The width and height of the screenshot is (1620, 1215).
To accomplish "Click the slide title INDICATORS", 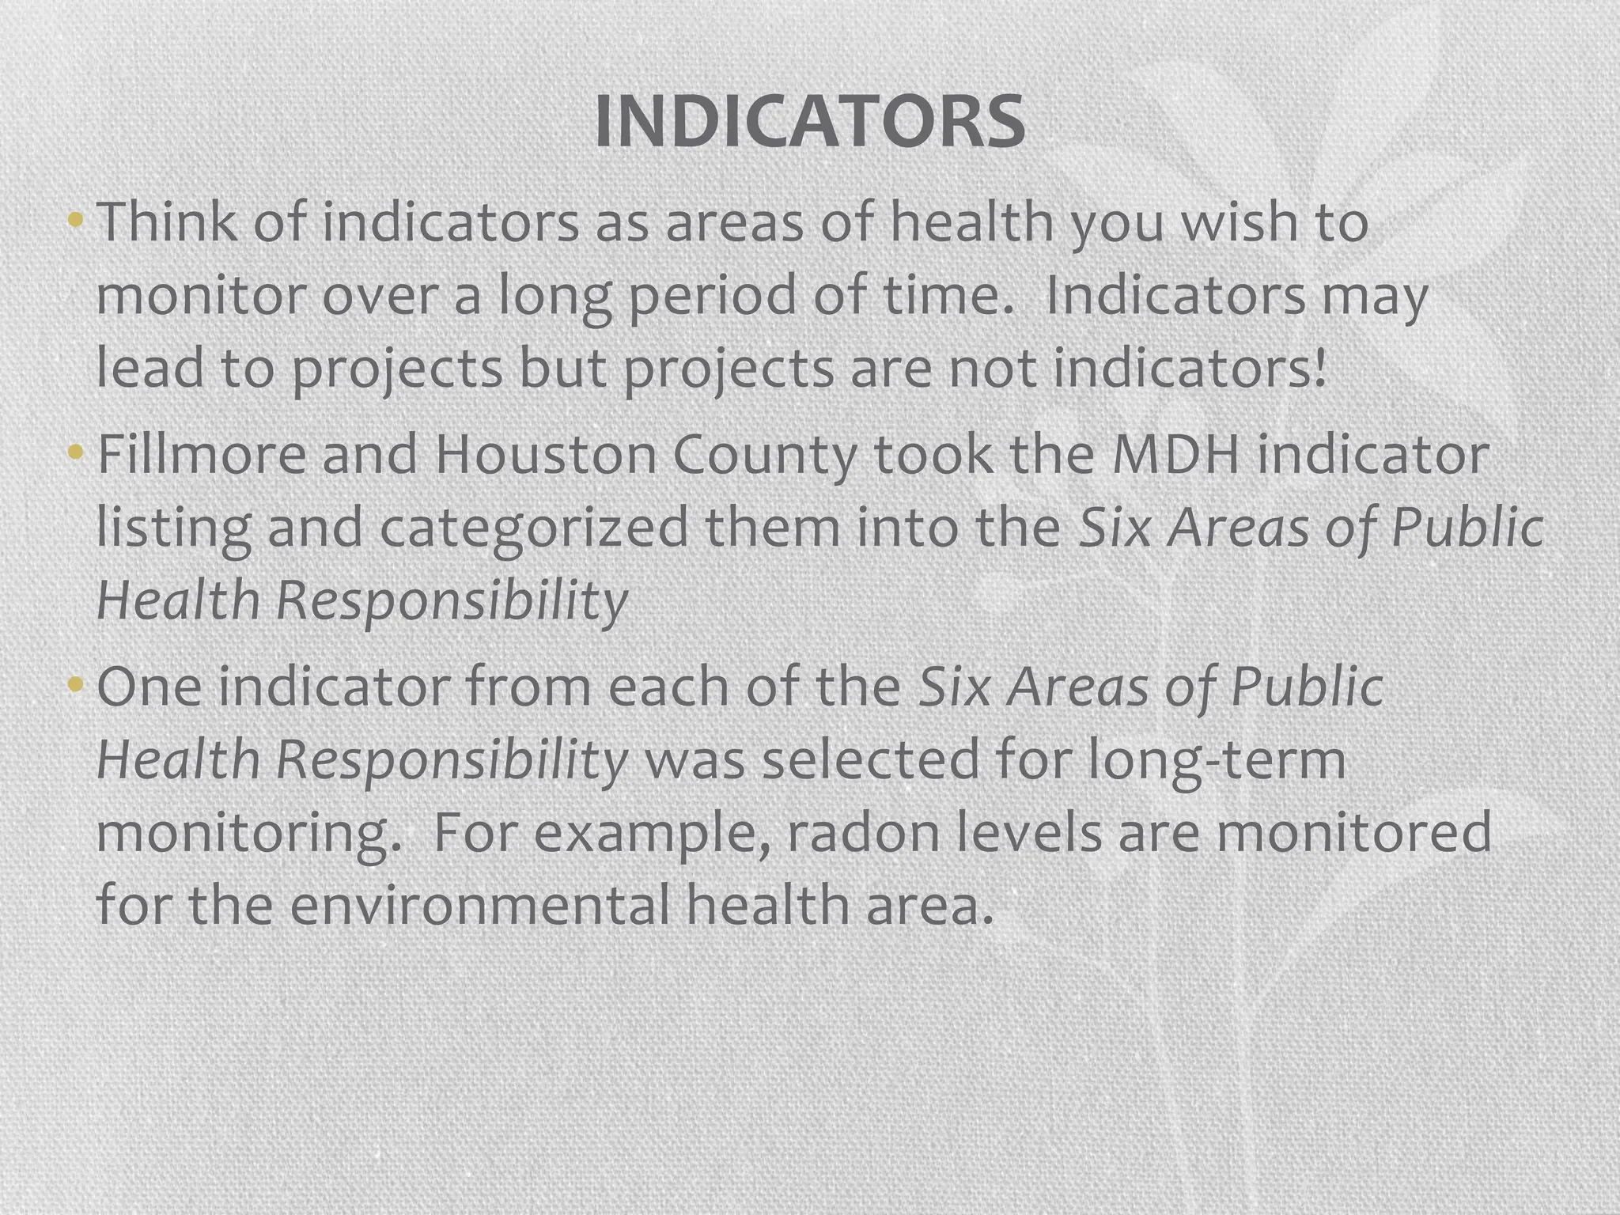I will click(x=809, y=122).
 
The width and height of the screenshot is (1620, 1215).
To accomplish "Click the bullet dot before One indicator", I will click(x=75, y=683).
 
